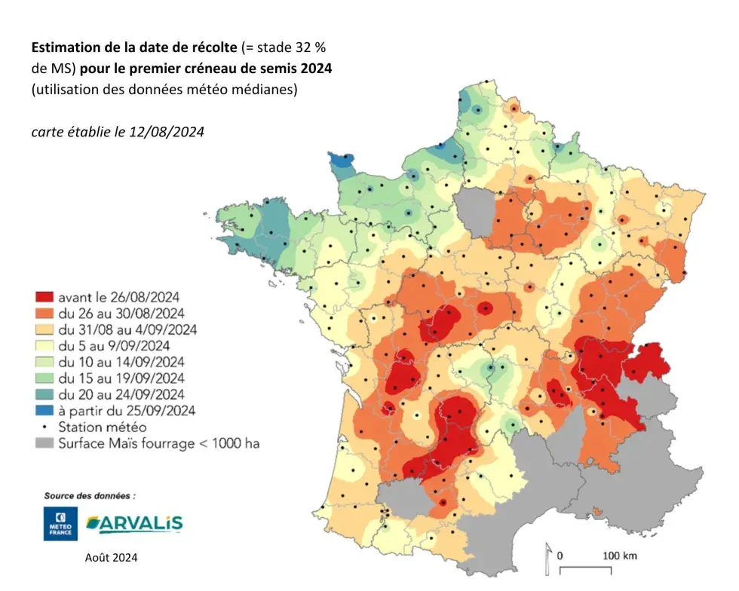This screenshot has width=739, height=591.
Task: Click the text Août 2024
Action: tap(112, 559)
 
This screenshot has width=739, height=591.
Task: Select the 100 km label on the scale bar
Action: tap(620, 556)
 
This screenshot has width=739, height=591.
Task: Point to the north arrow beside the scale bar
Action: tap(548, 558)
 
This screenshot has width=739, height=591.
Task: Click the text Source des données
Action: tap(90, 496)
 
